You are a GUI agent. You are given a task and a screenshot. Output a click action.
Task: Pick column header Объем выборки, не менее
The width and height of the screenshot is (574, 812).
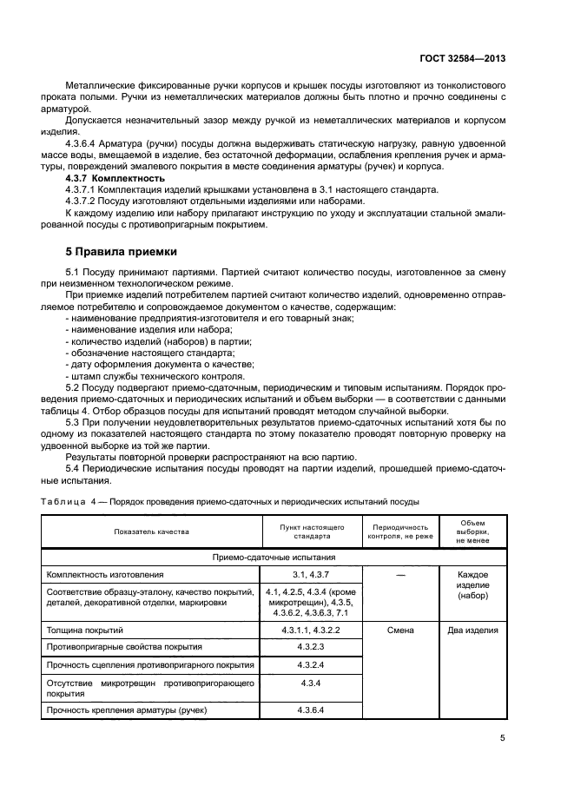tap(472, 531)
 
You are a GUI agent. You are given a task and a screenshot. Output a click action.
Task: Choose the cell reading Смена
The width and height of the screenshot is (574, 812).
tap(399, 630)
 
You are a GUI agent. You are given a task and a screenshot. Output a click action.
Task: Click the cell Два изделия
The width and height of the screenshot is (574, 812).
tap(472, 630)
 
